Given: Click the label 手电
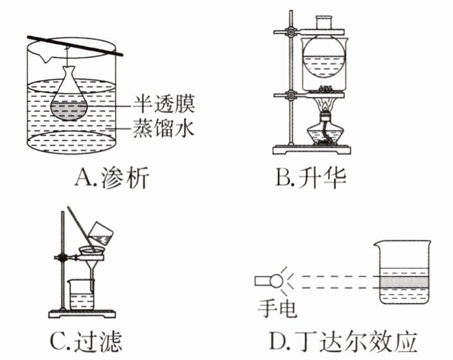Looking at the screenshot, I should click(x=278, y=309).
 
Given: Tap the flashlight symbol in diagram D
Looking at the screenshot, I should click(x=268, y=279).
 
